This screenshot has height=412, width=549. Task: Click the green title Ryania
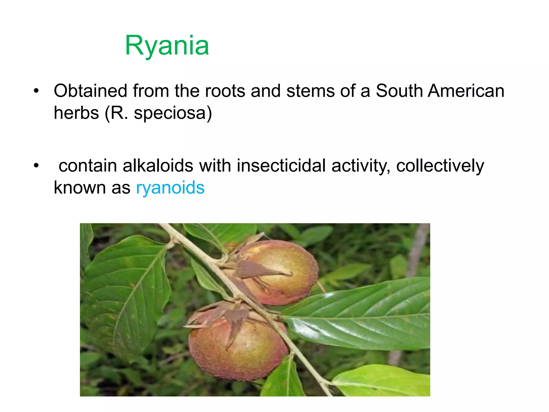(167, 46)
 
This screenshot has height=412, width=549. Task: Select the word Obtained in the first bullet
(90, 91)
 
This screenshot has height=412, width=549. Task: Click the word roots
(225, 91)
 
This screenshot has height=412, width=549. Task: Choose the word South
(399, 91)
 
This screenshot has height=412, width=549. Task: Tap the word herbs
(76, 113)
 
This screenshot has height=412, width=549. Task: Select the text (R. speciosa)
(158, 113)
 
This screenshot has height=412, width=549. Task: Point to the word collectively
(440, 166)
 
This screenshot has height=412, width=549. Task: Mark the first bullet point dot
(36, 91)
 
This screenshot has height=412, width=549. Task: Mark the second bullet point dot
(36, 166)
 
